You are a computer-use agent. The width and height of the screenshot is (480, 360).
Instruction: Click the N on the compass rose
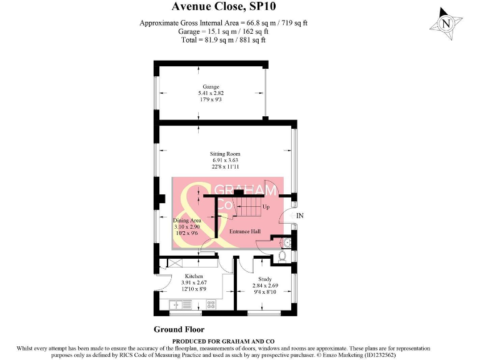446,24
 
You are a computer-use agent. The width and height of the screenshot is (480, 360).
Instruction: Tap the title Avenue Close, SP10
224,6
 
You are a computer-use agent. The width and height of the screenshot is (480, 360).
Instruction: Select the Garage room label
211,87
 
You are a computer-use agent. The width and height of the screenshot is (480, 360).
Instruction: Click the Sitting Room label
225,154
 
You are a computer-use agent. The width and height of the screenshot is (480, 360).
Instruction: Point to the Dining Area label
187,221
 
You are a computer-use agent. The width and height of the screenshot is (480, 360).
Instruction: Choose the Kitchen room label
194,276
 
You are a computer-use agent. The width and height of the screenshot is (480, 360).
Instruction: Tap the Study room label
265,279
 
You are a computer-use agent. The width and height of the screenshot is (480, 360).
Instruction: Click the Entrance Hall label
245,231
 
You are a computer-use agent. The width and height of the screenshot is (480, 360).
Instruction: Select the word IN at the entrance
300,216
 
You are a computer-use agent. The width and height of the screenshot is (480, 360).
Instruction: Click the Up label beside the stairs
266,207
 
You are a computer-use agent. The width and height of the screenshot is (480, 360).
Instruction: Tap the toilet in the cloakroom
282,256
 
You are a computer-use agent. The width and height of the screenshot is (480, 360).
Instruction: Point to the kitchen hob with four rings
211,304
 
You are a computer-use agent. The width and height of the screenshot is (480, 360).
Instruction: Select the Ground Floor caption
179,330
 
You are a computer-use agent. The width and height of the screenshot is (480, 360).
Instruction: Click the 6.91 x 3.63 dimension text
225,160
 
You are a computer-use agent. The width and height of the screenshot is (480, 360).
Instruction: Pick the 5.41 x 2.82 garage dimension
211,93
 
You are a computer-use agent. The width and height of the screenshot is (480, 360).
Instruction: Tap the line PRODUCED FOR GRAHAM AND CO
224,341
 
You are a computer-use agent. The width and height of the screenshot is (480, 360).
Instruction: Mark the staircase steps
248,206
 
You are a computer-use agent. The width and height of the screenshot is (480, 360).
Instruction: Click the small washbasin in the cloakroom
286,242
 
